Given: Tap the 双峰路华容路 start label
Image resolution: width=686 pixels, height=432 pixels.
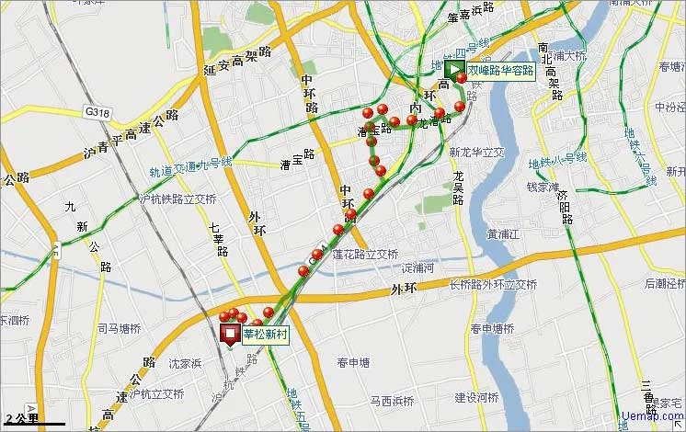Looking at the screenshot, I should coord(500,71).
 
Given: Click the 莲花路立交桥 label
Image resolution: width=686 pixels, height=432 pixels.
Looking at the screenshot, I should coord(365,255).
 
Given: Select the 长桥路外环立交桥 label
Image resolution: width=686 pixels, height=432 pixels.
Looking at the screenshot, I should coord(493,285).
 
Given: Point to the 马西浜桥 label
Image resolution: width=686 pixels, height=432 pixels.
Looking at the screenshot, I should coord(393,401).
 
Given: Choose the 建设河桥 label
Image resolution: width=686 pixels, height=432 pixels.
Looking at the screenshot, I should coord(476,398).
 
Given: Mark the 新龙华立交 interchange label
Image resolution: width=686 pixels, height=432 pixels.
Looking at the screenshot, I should coord(477,152).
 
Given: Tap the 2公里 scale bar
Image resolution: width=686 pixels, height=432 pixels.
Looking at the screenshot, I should coord(32,420).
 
